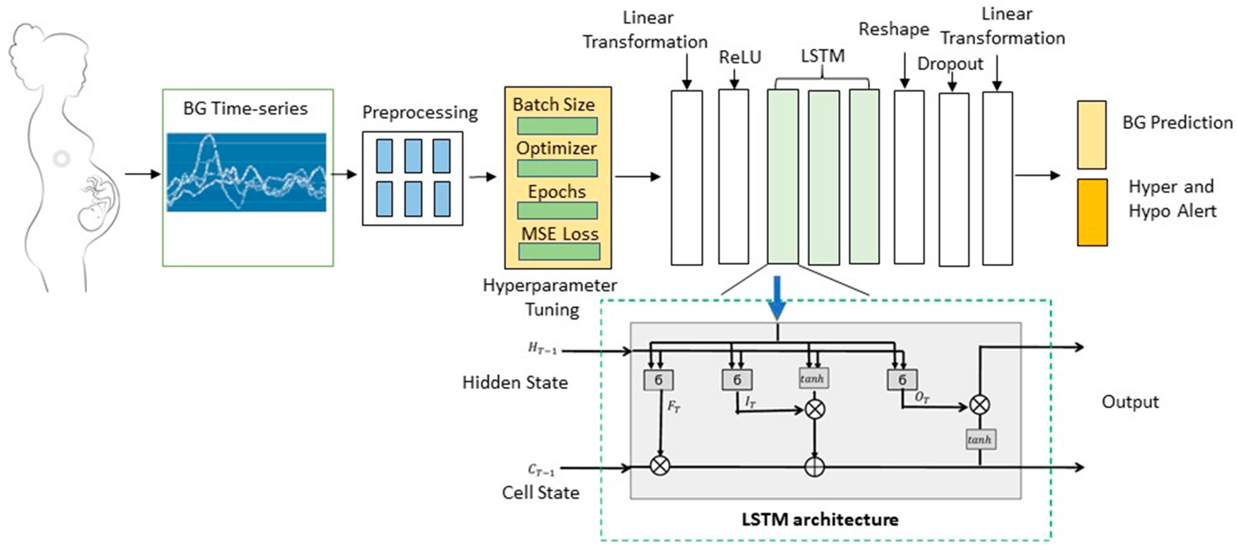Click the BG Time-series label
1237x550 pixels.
pos(245,109)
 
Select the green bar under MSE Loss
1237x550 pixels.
pos(559,251)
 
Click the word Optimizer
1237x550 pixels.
pos(556,148)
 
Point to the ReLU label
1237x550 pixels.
pos(739,57)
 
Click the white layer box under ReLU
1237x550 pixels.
pos(733,177)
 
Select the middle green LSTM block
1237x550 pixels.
pos(824,177)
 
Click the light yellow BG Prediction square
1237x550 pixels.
pos(1092,135)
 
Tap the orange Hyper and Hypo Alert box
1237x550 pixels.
pos(1092,212)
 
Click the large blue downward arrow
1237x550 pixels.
pos(777,297)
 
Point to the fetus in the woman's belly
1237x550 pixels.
pos(96,206)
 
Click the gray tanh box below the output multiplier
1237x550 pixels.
pos(980,439)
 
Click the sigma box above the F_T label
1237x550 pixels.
pos(658,380)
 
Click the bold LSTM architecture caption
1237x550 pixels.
pos(820,519)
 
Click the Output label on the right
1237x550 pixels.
pos(1129,402)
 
